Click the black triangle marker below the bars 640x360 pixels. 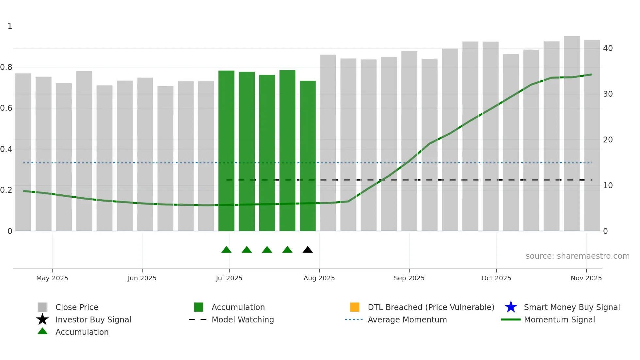(308, 250)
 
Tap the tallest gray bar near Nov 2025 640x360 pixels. (572, 131)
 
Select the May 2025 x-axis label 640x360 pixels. (52, 278)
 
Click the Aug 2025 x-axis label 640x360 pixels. (319, 278)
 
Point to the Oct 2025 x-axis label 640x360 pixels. (496, 278)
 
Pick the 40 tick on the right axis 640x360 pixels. (608, 48)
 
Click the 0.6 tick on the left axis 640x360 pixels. (6, 108)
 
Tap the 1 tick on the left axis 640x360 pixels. (10, 26)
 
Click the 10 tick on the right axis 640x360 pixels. (608, 186)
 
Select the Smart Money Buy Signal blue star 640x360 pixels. (511, 307)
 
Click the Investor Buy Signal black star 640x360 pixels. (42, 319)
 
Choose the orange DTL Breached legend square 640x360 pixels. (355, 307)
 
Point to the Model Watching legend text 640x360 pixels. (243, 319)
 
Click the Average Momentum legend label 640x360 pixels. (407, 319)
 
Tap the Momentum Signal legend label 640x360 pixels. (559, 319)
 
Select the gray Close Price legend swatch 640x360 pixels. (42, 307)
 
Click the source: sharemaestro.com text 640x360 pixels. (577, 256)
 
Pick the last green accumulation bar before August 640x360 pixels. (308, 157)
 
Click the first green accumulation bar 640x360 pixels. (226, 150)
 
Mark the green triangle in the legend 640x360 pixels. (42, 331)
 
